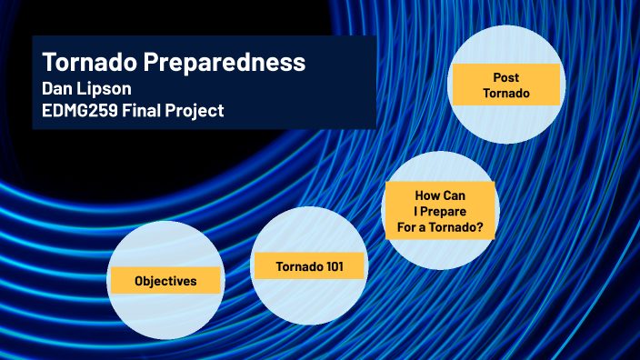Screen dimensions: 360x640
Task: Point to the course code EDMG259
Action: (81, 111)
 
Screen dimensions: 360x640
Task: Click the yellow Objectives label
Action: (165, 281)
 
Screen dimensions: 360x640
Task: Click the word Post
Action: (505, 77)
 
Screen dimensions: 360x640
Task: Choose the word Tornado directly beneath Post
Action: (505, 94)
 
